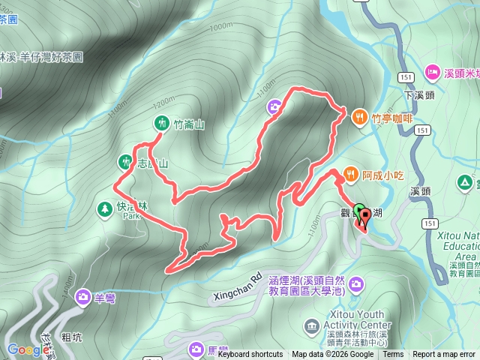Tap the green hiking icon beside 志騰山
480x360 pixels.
124,160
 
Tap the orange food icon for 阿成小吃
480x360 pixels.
350,175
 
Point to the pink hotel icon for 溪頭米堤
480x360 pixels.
433,72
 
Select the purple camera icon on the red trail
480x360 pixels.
275,107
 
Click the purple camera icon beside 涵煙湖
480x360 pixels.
355,284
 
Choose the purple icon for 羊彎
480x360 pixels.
82,298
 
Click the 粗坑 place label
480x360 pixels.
72,337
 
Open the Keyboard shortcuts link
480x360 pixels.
250,354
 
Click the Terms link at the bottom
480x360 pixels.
393,354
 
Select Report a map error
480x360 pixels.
444,354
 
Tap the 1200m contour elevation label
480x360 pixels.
162,100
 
